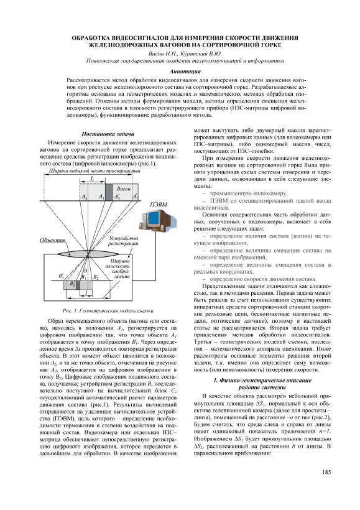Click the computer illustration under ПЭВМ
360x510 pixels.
point(158,222)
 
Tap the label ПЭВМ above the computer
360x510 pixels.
point(159,205)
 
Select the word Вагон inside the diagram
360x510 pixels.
point(124,188)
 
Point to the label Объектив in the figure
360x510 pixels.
point(53,240)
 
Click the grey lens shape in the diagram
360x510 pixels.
point(88,253)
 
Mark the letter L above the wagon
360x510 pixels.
point(93,178)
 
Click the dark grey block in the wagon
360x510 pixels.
point(109,192)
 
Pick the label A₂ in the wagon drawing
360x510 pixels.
point(84,197)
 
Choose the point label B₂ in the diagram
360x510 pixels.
point(96,277)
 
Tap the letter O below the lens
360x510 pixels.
point(85,271)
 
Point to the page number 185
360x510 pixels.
point(326,472)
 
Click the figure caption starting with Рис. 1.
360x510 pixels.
point(108,311)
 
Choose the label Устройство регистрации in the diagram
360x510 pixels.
point(123,241)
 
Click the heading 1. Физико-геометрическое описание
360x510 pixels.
point(262,380)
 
